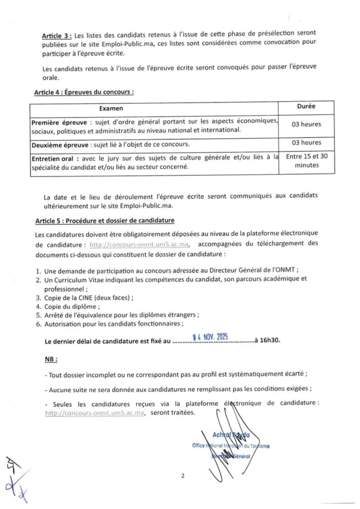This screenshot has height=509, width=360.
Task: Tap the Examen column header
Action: point(111,108)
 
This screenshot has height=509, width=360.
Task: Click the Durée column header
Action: point(306,106)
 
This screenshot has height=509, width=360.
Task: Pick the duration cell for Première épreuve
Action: point(306,124)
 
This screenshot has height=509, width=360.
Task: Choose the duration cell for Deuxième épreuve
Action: point(306,143)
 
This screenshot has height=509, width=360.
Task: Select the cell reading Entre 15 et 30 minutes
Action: point(306,161)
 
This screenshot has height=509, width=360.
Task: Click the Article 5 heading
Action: point(104,220)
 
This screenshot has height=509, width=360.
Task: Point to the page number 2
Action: point(182,476)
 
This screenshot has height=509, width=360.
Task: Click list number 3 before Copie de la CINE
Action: point(38,298)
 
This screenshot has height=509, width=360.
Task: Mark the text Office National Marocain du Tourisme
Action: point(231,446)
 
